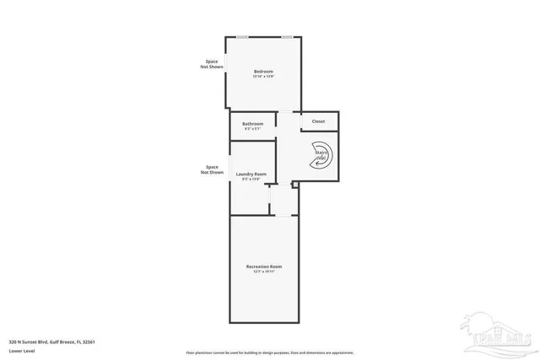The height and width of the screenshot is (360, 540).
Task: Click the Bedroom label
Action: (263, 72)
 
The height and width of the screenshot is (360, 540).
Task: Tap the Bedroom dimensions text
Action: (263, 77)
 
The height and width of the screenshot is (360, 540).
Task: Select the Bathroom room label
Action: (253, 124)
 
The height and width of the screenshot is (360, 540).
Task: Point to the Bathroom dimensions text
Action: (253, 129)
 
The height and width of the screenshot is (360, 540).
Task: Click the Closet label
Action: (318, 121)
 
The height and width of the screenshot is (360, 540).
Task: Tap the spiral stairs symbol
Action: (323, 156)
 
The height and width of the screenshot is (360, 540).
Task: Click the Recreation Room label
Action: (263, 266)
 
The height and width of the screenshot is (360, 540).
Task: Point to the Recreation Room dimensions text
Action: (263, 271)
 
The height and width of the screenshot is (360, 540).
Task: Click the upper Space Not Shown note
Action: (211, 63)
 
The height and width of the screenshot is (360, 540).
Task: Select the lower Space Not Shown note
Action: (212, 169)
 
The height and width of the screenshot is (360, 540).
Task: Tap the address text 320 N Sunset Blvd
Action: (51, 341)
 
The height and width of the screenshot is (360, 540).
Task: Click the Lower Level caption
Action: (21, 350)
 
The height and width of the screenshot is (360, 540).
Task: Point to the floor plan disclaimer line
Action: (270, 352)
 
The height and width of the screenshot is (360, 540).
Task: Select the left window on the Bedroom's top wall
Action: (242, 36)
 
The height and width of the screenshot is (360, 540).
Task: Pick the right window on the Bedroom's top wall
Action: (287, 36)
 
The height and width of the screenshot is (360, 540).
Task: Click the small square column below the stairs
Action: (294, 184)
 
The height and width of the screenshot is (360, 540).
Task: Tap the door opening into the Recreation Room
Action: (269, 201)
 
